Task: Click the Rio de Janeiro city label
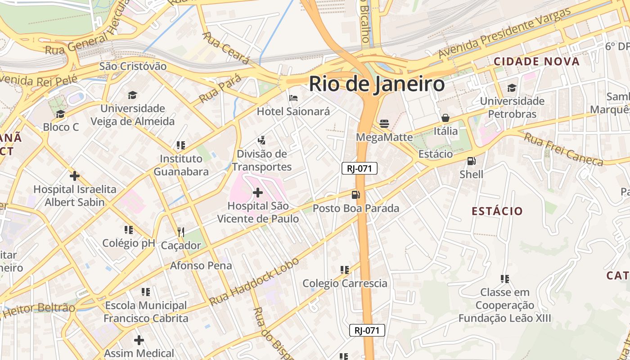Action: pos(377,84)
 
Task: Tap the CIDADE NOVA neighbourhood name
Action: pos(536,62)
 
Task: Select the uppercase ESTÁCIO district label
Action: pos(497,211)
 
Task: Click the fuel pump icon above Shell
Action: pos(471,161)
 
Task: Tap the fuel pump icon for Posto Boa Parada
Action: pos(355,195)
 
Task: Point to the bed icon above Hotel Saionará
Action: pos(293,98)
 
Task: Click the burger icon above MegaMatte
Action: pos(384,123)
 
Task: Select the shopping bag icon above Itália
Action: pos(445,118)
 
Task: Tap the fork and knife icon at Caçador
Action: pos(181,232)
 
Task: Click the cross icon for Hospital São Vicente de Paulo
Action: pos(258,193)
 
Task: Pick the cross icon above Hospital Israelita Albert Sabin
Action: pos(75,175)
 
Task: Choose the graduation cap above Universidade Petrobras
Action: pos(512,87)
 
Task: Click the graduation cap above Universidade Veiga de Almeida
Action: pos(132,95)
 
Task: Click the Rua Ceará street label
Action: pos(226,48)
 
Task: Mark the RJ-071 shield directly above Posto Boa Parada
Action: pos(359,168)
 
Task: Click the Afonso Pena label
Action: pos(201,265)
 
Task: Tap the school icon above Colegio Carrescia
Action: pos(345,270)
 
